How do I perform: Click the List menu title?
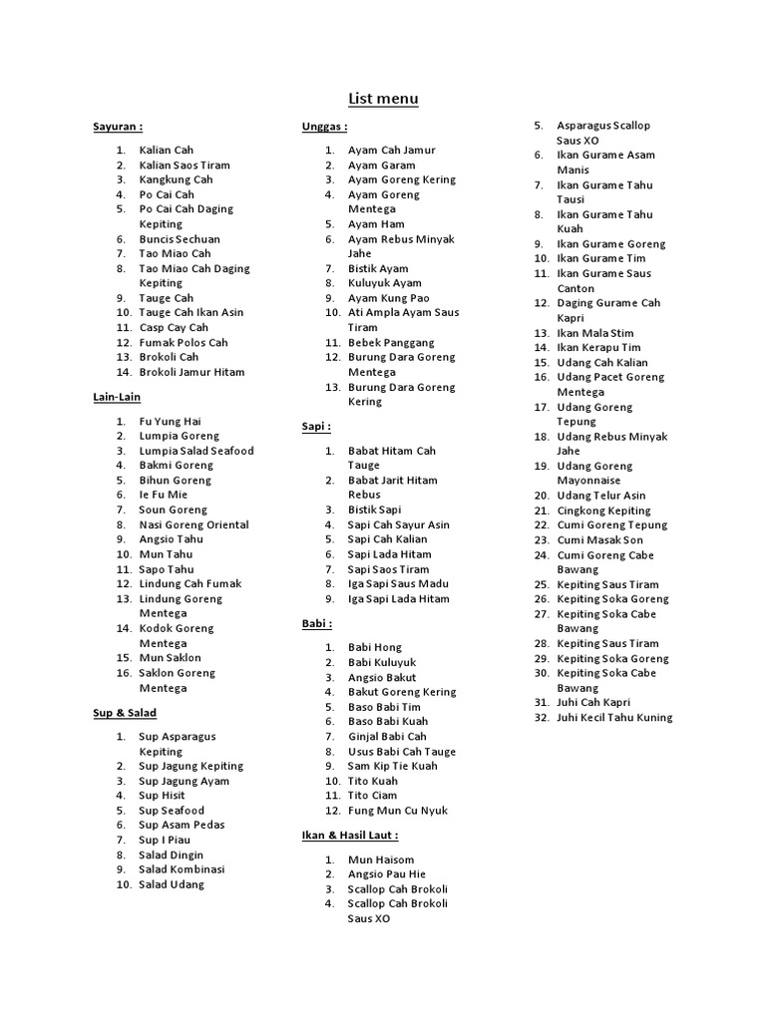(x=383, y=99)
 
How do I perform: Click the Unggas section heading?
(x=324, y=128)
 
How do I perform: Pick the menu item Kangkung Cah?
(x=176, y=179)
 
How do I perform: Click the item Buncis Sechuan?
(x=180, y=239)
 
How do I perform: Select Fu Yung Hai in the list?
(x=170, y=422)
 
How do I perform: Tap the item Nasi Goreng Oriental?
(x=193, y=524)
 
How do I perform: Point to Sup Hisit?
(x=162, y=796)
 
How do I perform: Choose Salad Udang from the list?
(x=172, y=884)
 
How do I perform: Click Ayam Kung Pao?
(x=388, y=298)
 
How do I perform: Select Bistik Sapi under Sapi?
(x=375, y=510)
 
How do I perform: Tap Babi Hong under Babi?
(x=375, y=647)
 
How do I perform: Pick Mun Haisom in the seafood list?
(x=379, y=859)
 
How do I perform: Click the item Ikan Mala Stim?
(x=594, y=333)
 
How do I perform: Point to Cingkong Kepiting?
(x=603, y=510)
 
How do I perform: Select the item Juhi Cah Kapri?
(x=593, y=703)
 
